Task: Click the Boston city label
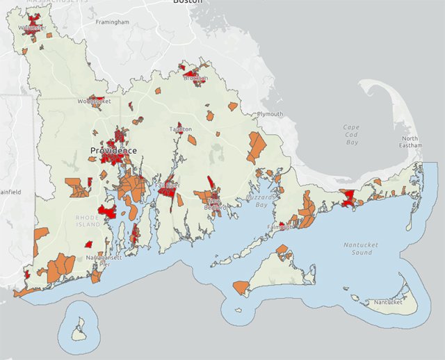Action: point(188,2)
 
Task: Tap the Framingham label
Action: point(113,22)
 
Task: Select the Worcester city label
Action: point(32,28)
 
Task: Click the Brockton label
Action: point(195,79)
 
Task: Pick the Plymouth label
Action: point(270,114)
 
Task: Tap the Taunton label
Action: point(180,129)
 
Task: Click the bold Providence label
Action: point(113,150)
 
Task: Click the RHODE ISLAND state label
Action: point(88,222)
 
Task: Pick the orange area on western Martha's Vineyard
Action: point(241,286)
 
